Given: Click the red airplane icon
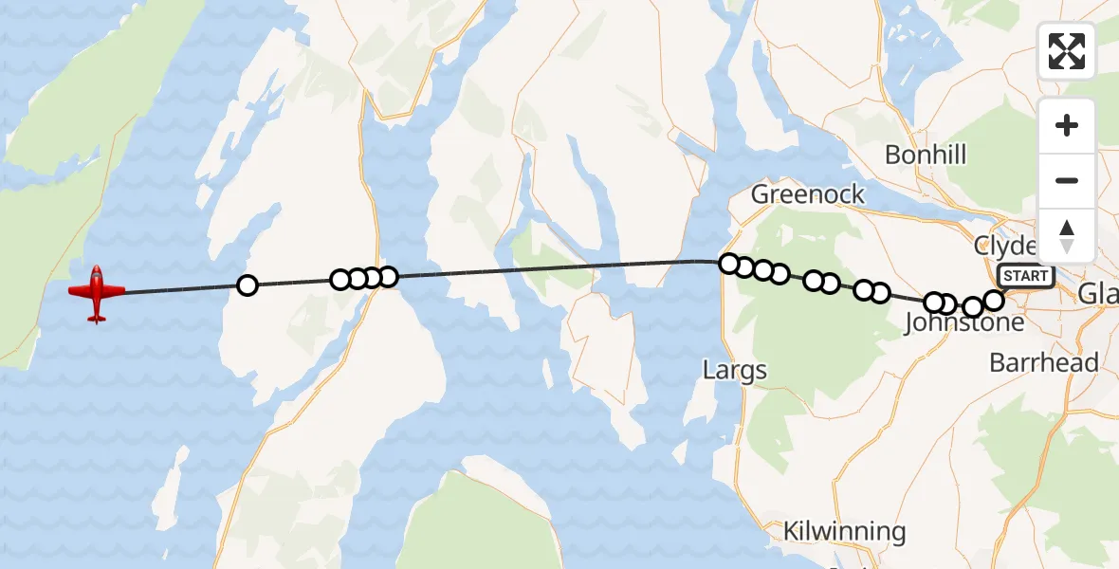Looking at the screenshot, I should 96,292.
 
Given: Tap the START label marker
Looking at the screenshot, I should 1025,276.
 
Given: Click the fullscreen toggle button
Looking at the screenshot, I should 1067,51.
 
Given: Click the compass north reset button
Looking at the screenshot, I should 1067,234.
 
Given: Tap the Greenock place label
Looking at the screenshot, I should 807,194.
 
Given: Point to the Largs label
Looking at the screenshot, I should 735,369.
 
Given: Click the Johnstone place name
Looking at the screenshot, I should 964,323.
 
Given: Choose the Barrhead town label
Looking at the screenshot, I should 1043,363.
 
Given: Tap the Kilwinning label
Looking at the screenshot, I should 844,531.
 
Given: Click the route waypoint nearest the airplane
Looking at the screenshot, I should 247,284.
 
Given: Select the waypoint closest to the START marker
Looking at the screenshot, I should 993,301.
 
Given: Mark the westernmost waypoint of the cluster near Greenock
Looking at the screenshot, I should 728,264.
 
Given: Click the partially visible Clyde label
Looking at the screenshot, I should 1005,246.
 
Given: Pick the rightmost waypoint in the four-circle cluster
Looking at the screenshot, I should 387,277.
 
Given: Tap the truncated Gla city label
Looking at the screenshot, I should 1100,297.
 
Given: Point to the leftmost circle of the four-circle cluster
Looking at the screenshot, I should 340,280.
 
